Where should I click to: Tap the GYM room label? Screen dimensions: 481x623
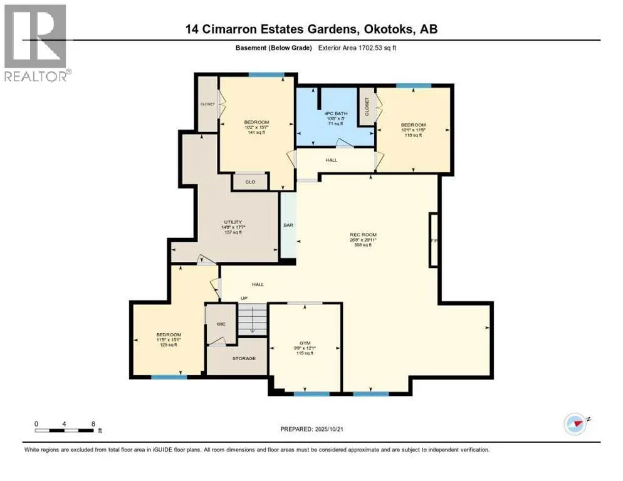[305, 343]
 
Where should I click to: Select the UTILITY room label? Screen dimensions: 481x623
[233, 222]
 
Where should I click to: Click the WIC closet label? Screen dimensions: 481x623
[221, 324]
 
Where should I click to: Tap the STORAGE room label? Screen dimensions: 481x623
[243, 358]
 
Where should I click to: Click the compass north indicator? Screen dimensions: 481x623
[575, 424]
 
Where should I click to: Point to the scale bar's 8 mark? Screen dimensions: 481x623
[93, 423]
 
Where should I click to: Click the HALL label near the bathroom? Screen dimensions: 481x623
[331, 160]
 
